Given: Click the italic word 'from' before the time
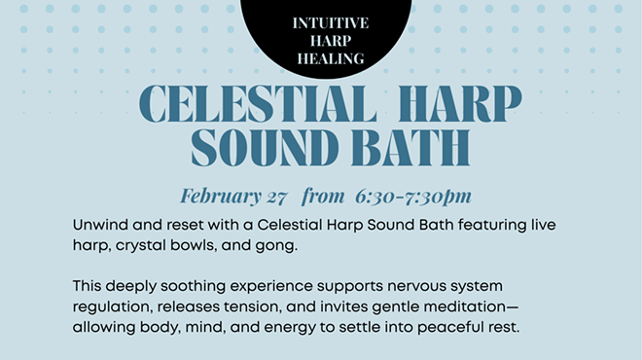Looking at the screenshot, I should [x=323, y=196].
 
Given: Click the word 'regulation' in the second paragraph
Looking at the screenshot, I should [x=112, y=307].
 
